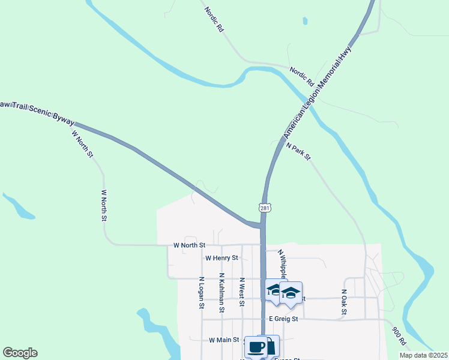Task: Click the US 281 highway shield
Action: pos(265,208)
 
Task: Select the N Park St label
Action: pos(298,151)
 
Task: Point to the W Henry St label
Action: pos(221,258)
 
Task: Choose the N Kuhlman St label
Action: pos(221,293)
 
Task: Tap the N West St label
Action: pos(241,292)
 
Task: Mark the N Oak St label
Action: pos(344,302)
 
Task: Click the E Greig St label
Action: pos(284,319)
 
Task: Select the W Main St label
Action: pos(224,340)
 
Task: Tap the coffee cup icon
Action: pos(256,347)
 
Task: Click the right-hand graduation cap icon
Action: pos(291,294)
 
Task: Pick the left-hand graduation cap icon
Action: pos(275,291)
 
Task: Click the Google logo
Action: pos(20,353)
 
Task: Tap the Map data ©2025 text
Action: pos(423,355)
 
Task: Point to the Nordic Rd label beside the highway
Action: pos(301,74)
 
